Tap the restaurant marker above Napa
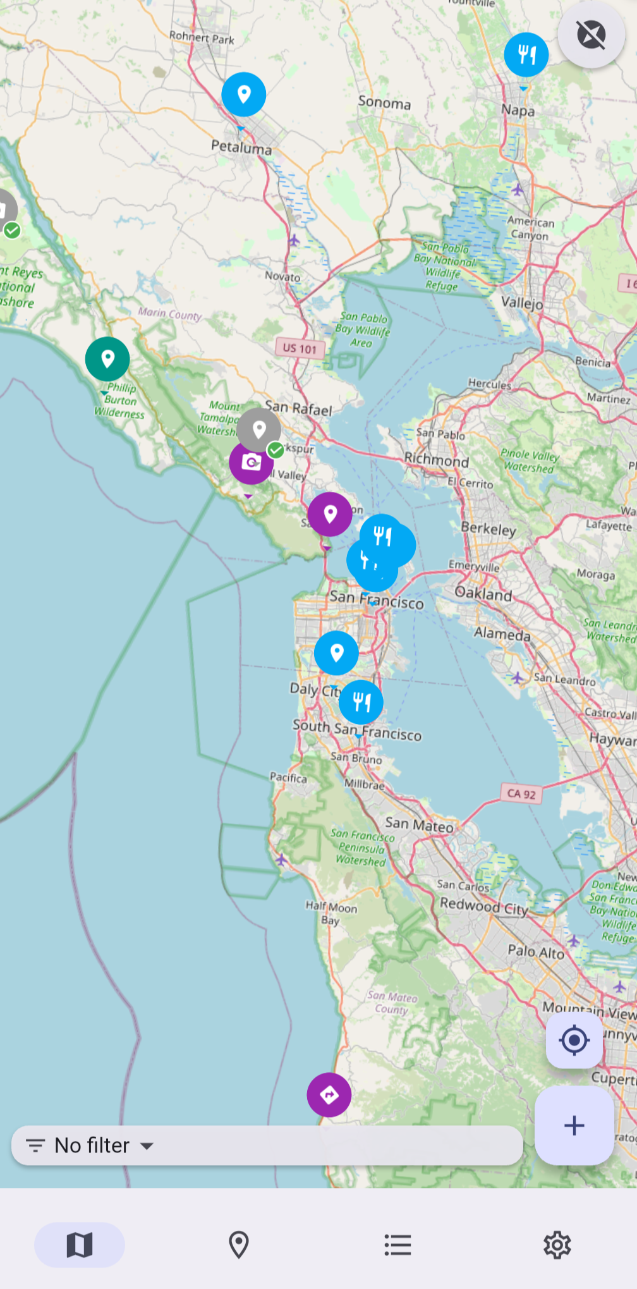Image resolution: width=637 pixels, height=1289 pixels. [526, 55]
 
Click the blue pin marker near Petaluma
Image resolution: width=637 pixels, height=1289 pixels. [243, 95]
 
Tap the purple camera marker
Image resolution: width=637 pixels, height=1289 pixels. [251, 463]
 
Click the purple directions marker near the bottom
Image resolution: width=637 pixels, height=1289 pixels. [329, 1095]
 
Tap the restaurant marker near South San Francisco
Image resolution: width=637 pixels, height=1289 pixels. [361, 702]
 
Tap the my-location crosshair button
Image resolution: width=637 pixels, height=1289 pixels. [574, 1041]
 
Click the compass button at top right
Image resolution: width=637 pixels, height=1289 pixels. [591, 35]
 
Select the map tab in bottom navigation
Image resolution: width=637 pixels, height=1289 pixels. [80, 1245]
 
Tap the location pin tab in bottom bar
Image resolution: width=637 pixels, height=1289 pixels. [238, 1245]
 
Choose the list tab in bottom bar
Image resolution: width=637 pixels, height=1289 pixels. [397, 1245]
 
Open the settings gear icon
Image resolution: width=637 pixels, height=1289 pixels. [557, 1245]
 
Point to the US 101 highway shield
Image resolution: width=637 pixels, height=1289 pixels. [300, 348]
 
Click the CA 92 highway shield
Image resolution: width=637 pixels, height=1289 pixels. [521, 794]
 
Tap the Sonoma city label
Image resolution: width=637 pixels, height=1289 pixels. [384, 103]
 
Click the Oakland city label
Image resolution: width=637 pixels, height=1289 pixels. [483, 594]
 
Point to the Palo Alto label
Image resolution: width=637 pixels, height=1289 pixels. [536, 951]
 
